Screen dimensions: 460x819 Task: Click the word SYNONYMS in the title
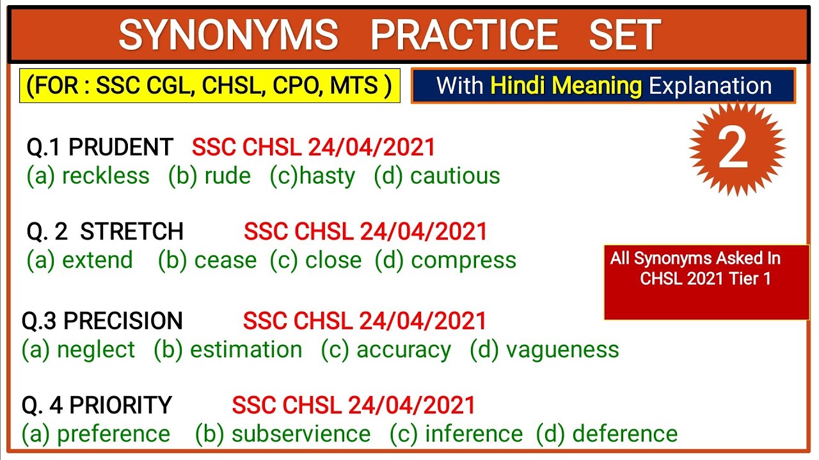tap(228, 34)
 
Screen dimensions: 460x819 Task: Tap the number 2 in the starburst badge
tap(733, 149)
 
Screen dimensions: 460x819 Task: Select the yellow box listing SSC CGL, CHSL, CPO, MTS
tap(210, 86)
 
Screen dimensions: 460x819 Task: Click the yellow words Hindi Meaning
tap(566, 86)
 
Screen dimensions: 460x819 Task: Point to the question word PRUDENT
tap(120, 148)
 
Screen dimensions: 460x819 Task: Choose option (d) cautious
tap(437, 176)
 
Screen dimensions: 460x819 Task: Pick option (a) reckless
tap(88, 176)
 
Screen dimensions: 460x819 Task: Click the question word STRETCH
tap(132, 231)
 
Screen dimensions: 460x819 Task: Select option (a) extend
tap(80, 260)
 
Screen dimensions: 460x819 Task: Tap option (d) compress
tap(445, 260)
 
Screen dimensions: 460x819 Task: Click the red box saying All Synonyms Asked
tap(706, 281)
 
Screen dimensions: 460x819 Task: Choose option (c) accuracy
tap(386, 349)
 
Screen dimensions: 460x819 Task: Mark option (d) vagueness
tap(545, 349)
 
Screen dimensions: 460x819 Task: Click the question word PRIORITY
tap(120, 405)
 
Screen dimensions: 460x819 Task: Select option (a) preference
tap(96, 434)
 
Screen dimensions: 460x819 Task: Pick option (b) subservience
tap(283, 434)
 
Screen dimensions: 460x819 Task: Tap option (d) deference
tap(607, 434)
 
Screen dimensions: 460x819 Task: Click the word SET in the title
tap(624, 34)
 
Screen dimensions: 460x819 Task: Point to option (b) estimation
tap(228, 349)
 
